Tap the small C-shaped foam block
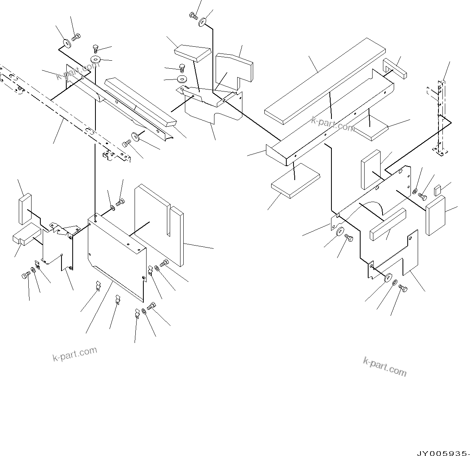(x=395, y=67)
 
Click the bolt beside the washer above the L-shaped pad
(x=194, y=16)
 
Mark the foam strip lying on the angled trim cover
(x=140, y=102)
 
